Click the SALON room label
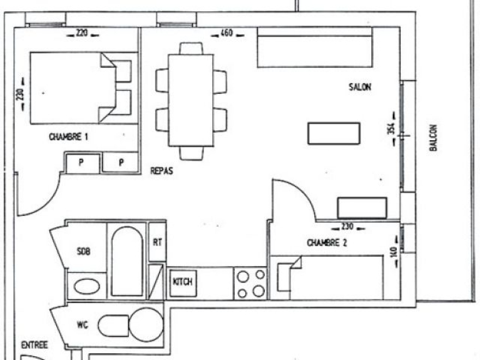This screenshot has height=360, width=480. [x=360, y=87]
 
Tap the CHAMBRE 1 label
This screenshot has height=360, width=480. [x=69, y=136]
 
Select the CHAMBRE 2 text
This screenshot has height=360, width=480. [x=327, y=243]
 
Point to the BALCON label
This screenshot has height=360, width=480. [x=433, y=138]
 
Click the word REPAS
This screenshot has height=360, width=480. [x=161, y=171]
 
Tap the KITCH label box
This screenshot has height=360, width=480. [x=183, y=283]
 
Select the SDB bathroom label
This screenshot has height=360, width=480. [x=84, y=252]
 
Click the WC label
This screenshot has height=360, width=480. [x=83, y=325]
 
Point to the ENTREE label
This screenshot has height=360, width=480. [x=34, y=346]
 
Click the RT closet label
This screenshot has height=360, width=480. [x=157, y=242]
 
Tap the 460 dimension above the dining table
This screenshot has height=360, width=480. [x=227, y=33]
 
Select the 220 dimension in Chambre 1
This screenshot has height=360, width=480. [x=82, y=33]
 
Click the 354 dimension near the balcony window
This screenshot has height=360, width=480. [x=391, y=129]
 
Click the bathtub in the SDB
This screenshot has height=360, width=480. [x=127, y=261]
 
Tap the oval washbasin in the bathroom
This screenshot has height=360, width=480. [x=87, y=287]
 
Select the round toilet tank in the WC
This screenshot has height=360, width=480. [x=146, y=325]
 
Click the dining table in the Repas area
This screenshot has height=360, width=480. [x=191, y=101]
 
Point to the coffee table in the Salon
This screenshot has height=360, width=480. [x=334, y=133]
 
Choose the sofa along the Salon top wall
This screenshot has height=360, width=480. [x=315, y=47]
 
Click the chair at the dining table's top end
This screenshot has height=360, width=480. [x=191, y=49]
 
